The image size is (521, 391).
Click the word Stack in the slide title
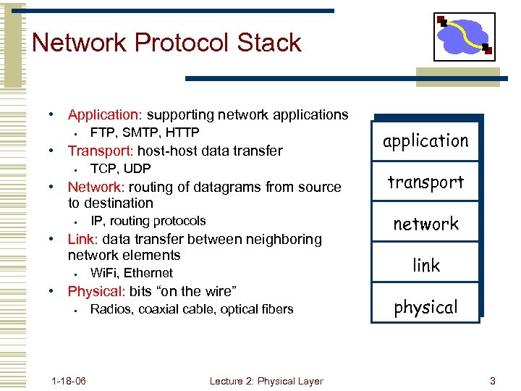point(266,43)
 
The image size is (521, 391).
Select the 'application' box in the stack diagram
point(425,140)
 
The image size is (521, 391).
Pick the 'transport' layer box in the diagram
point(425,182)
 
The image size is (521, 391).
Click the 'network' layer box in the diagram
point(425,224)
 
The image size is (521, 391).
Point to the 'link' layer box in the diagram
point(425,266)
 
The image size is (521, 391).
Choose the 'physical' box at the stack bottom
point(425,307)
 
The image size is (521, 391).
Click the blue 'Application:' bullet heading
point(106,115)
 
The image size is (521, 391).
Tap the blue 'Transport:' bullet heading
point(101,151)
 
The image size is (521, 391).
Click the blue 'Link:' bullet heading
point(82,239)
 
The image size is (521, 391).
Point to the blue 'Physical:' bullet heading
point(96,292)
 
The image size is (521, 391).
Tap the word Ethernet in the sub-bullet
point(149,273)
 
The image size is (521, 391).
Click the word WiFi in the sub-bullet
point(104,273)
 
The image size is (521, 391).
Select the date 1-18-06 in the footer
point(69,381)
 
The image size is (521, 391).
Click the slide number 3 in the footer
point(492,381)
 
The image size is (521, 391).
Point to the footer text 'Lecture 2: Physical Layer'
point(266,381)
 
